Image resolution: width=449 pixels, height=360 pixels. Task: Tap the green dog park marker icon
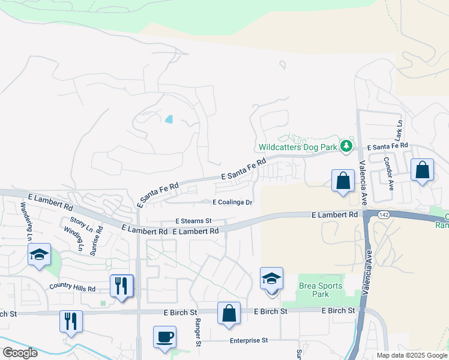click(346, 146)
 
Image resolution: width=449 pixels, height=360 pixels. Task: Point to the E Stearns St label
click(194, 221)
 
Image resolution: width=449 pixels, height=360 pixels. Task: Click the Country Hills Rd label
click(73, 288)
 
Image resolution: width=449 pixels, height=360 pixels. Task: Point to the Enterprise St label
click(248, 340)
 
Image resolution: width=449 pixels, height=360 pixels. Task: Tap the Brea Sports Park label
click(314, 290)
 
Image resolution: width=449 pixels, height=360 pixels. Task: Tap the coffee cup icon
click(164, 336)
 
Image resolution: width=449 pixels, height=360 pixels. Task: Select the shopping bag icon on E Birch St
click(229, 313)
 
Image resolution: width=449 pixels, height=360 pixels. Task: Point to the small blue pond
click(169, 119)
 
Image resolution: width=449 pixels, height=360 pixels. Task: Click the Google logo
click(19, 353)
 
